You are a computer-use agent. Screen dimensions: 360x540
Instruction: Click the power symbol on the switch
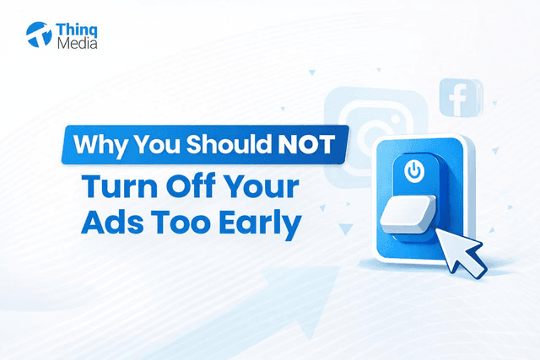tap(413, 172)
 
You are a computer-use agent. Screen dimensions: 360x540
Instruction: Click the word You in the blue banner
tap(157, 143)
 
